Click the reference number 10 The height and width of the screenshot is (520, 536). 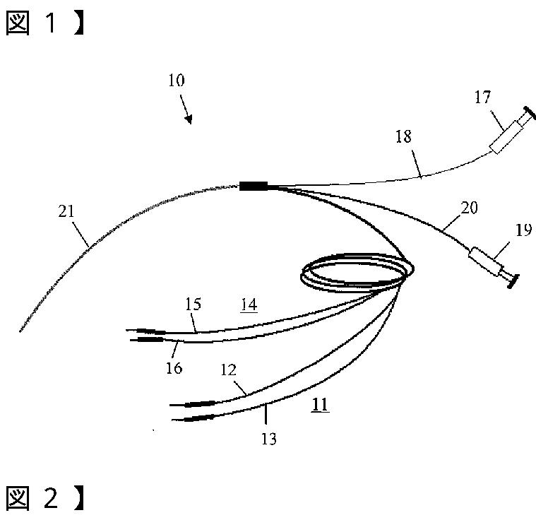[177, 81]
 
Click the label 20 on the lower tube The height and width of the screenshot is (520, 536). [469, 207]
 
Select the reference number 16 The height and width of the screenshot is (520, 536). [174, 367]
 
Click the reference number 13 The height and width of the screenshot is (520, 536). [268, 439]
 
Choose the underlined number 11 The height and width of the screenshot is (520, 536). [320, 405]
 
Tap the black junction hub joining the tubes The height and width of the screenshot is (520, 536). [254, 186]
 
